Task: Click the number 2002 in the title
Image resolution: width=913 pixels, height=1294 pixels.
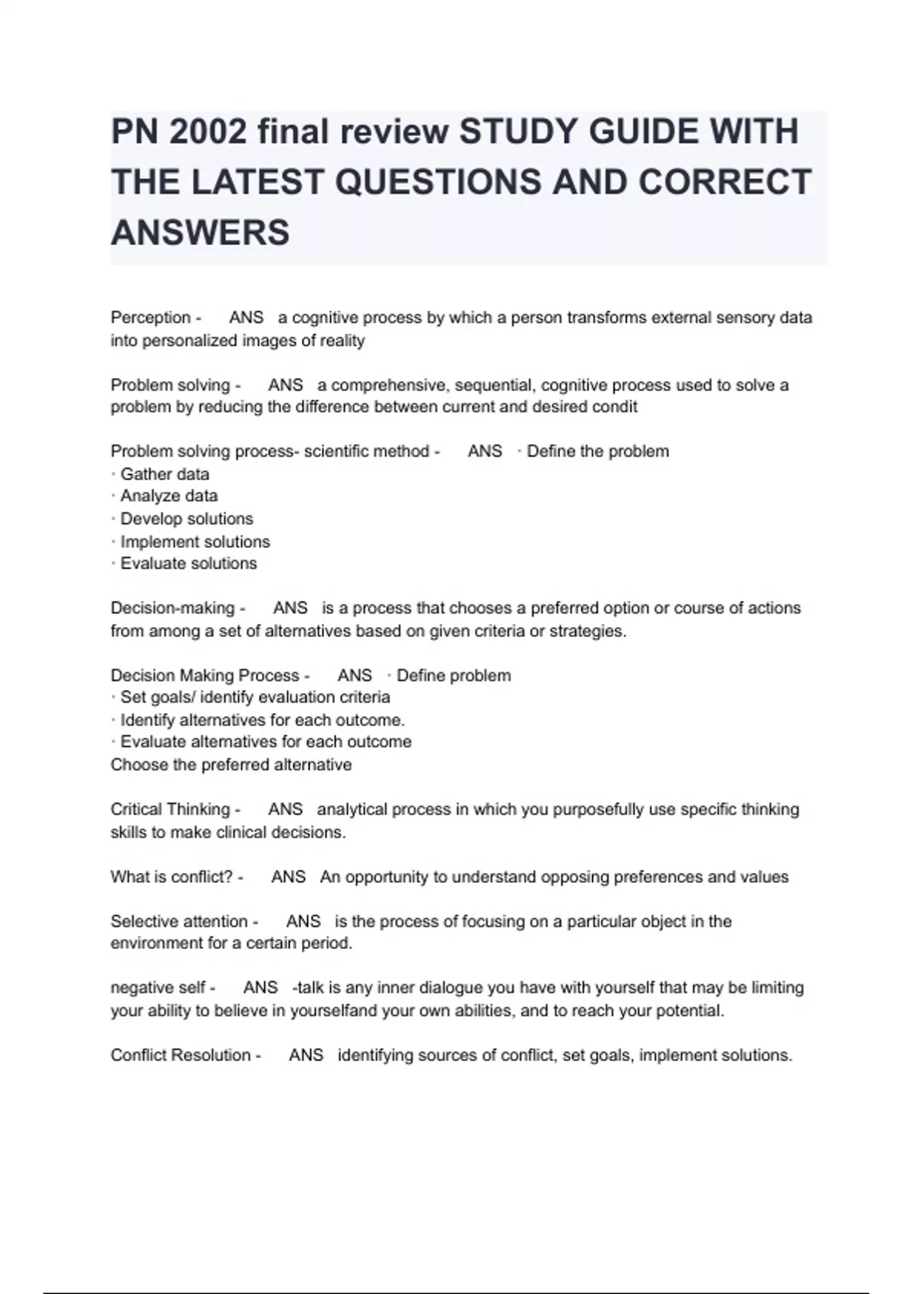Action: pyautogui.click(x=208, y=132)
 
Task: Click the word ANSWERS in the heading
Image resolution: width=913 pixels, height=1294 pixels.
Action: pyautogui.click(x=200, y=232)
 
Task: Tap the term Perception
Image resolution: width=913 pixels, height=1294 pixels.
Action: pyautogui.click(x=151, y=317)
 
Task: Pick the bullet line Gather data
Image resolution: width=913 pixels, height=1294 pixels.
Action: pyautogui.click(x=164, y=474)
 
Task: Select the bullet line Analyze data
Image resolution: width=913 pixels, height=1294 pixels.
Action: pyautogui.click(x=168, y=496)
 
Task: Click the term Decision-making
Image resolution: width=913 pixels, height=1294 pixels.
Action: pyautogui.click(x=173, y=608)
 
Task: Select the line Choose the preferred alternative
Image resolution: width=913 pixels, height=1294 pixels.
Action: pyautogui.click(x=231, y=765)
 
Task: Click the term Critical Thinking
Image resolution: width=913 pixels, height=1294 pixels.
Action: pyautogui.click(x=170, y=809)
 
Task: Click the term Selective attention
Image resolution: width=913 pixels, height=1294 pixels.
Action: pyautogui.click(x=179, y=922)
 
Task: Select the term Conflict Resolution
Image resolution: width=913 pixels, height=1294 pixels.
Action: pyautogui.click(x=180, y=1056)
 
